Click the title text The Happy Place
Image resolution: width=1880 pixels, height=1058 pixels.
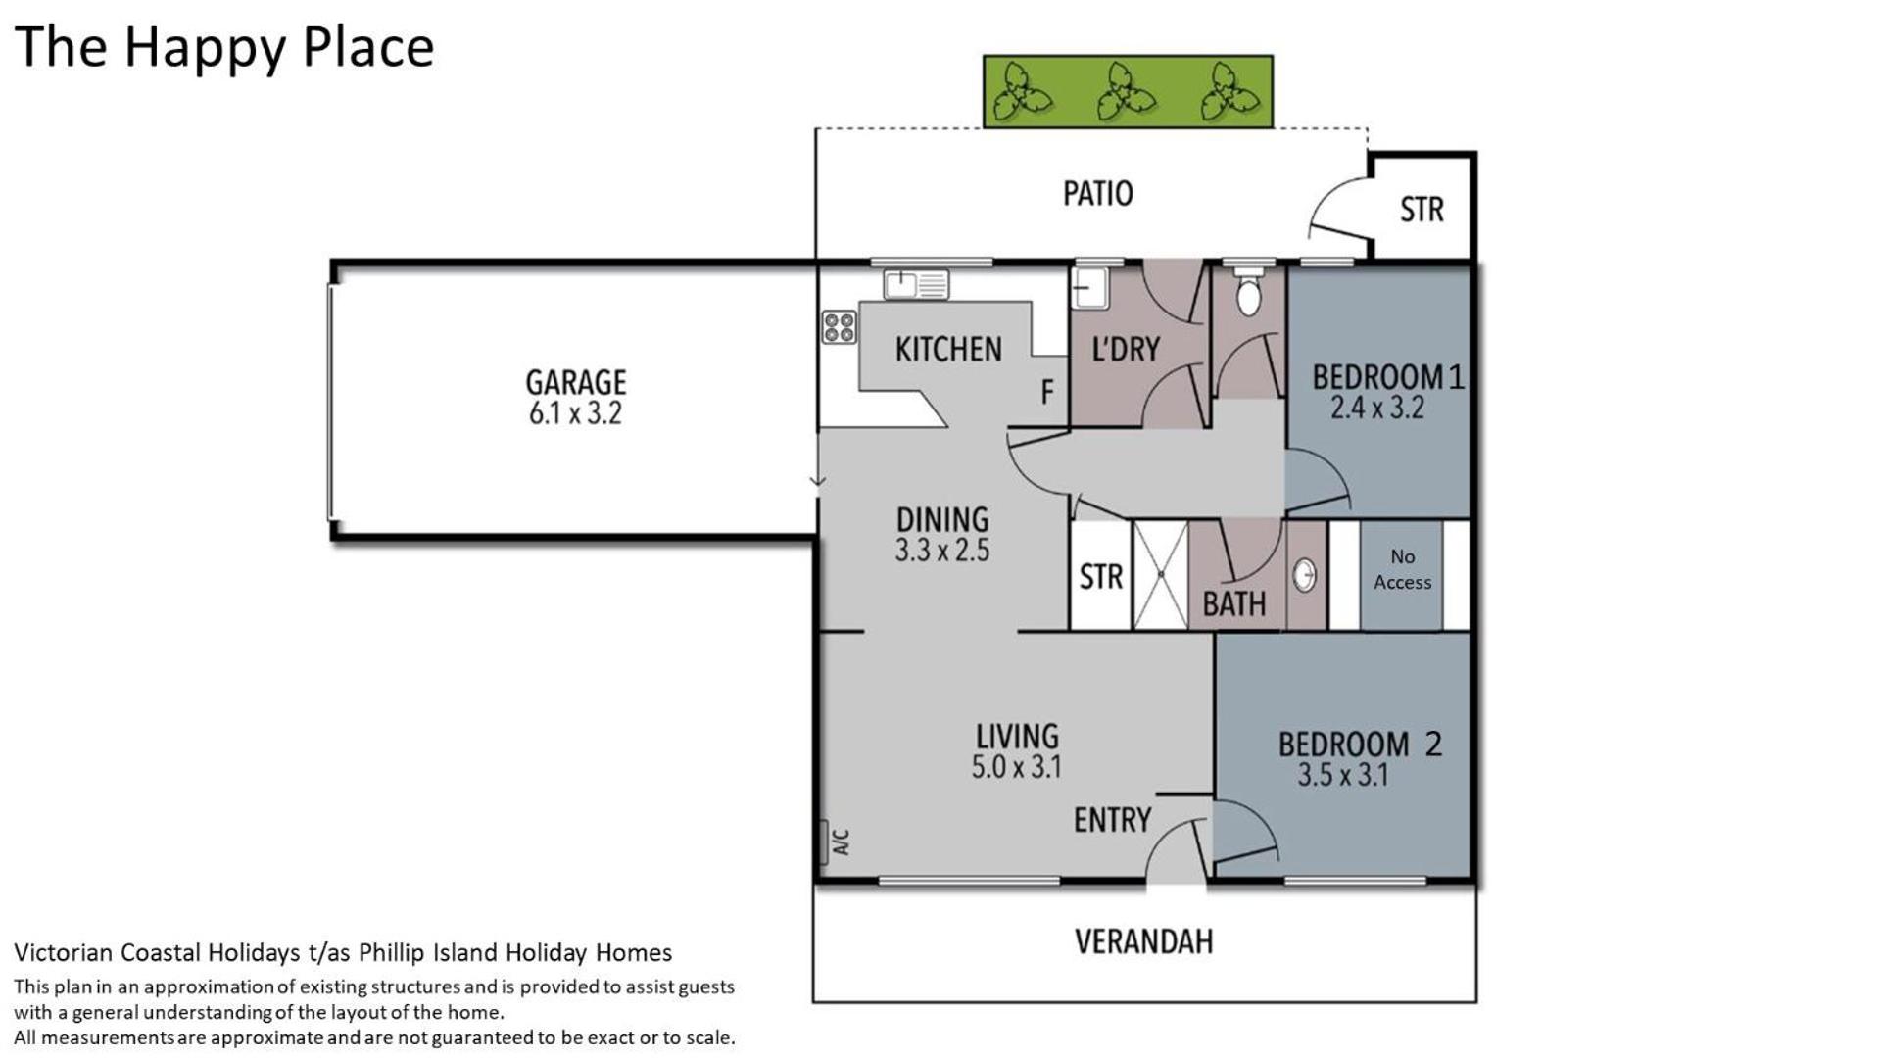224,48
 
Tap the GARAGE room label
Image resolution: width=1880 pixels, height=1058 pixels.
575,381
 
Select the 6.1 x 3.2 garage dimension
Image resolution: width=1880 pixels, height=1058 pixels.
575,413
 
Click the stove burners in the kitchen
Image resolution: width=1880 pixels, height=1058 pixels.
839,327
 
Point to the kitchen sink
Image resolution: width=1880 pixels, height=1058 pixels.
916,284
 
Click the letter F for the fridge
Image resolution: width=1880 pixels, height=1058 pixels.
1047,392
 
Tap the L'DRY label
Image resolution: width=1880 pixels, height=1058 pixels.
1126,349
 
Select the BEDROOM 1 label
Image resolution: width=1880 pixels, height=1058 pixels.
1388,376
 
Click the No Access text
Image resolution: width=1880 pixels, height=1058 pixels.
1402,569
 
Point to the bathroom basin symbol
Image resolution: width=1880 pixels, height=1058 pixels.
1304,575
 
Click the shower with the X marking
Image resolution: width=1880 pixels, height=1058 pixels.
1160,575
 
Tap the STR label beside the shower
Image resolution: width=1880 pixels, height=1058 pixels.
1100,577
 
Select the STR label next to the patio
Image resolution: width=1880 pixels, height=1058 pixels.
1422,210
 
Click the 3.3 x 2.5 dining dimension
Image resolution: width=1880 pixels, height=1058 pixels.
941,551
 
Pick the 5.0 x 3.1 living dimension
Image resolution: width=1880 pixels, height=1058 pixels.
1016,767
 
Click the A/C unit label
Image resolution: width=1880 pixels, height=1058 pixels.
840,842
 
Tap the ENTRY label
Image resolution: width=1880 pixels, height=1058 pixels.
1112,820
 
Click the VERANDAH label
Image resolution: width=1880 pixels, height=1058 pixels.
1143,941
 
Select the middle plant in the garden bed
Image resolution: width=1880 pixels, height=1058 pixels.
1126,92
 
